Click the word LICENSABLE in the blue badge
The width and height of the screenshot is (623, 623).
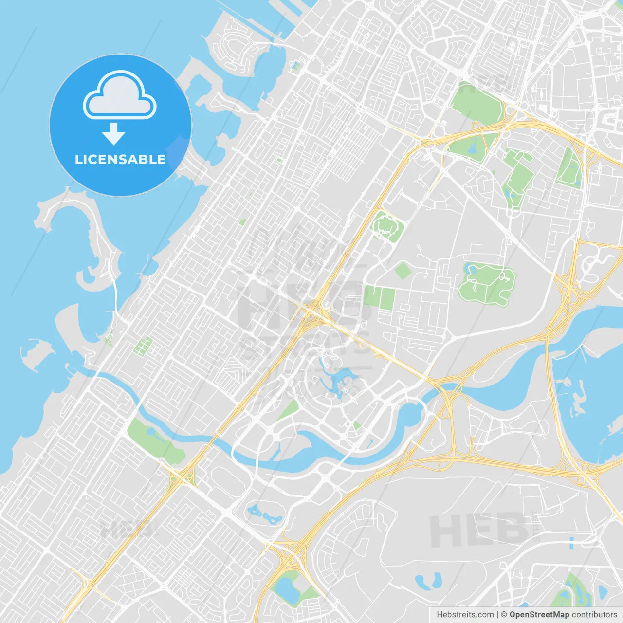point(120,159)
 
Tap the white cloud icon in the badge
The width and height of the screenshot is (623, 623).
point(120,95)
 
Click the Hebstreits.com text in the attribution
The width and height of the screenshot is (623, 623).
point(465,615)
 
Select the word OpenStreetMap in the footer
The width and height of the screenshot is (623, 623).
point(539,615)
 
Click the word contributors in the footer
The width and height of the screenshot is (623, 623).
point(594,615)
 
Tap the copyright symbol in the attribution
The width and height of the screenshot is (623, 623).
point(504,615)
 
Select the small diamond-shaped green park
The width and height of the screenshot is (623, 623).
point(403,271)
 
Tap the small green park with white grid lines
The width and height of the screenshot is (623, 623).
point(143,346)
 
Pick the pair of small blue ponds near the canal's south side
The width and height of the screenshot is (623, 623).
point(265,514)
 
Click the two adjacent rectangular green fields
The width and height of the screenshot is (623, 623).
point(379,297)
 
